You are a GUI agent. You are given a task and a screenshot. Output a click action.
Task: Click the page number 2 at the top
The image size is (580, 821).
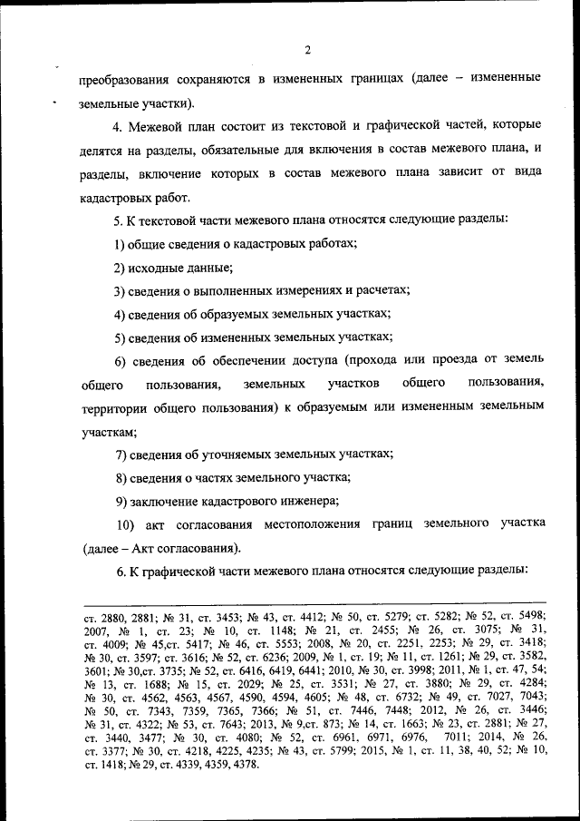[307, 49]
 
